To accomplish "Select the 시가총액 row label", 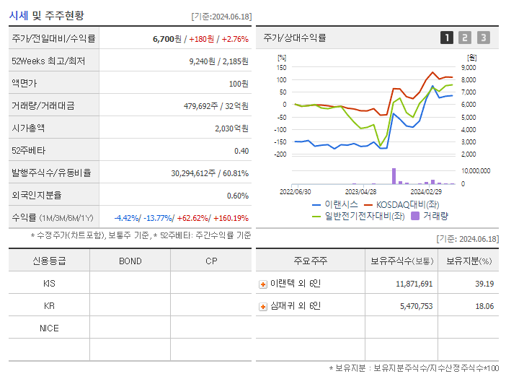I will (x=28, y=128).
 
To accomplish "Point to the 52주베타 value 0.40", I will (x=241, y=151).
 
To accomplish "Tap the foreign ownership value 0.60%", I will (x=237, y=196).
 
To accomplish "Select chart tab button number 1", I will (x=447, y=38).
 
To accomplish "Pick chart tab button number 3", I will (x=483, y=38).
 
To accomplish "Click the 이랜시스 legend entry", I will (x=337, y=204).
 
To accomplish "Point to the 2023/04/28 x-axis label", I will (x=360, y=192).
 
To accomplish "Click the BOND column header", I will (x=130, y=261).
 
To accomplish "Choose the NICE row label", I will (x=49, y=328).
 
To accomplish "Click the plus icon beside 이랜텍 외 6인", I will (x=263, y=284).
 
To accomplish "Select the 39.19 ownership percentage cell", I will (x=484, y=284).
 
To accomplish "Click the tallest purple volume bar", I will (x=394, y=176).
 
